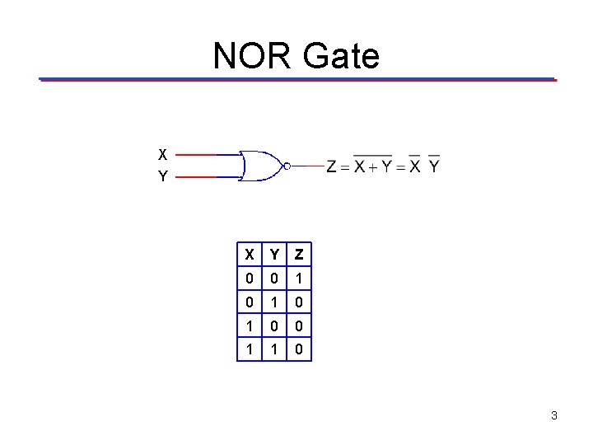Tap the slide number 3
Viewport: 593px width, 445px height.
point(554,415)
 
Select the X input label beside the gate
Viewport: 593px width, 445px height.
point(163,154)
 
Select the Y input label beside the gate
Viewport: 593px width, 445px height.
point(163,176)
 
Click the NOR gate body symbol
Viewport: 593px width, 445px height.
point(259,166)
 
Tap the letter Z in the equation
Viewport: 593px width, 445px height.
point(332,166)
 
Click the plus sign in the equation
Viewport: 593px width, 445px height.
point(372,167)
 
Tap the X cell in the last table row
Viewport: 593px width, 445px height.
point(248,349)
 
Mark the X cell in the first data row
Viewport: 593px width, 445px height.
point(248,279)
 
